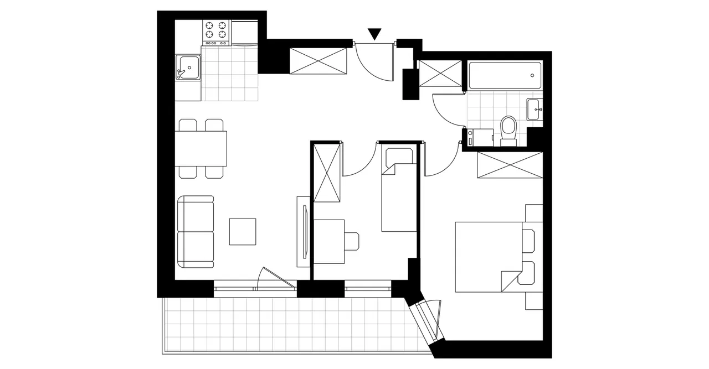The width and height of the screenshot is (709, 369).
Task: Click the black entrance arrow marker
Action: click(x=375, y=34)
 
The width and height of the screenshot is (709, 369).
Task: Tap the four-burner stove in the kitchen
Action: click(x=216, y=33)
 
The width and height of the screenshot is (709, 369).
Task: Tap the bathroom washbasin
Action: click(x=535, y=109)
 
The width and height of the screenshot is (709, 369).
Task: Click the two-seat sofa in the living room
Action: click(x=196, y=232)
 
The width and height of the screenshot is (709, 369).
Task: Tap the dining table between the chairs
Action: click(x=202, y=148)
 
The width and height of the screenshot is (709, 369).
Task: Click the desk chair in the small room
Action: click(x=351, y=240)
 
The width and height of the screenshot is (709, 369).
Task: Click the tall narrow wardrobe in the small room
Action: click(x=327, y=173)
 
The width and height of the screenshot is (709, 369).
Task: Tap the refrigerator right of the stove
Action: click(x=244, y=33)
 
